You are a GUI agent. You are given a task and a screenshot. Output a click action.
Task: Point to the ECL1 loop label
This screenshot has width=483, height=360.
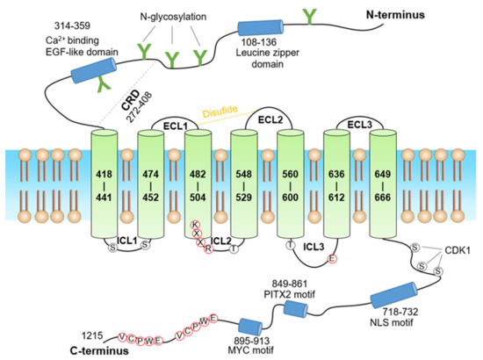point(177,126)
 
